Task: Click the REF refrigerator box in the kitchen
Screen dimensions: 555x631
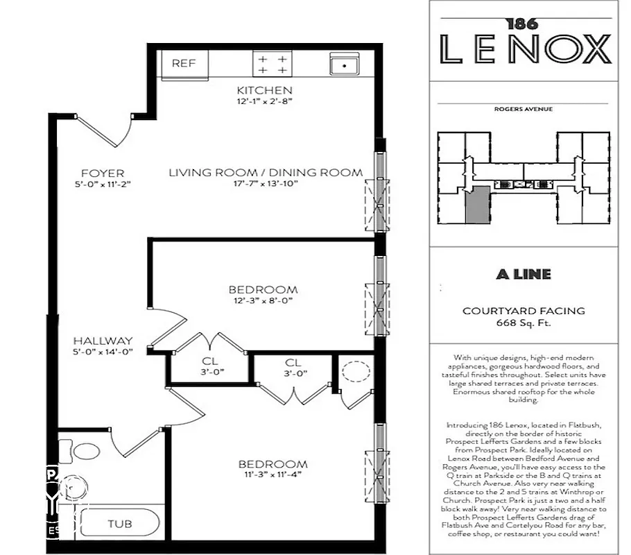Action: pos(184,64)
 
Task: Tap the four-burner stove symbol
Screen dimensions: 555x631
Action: pos(273,65)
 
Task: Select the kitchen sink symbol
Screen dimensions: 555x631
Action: pos(344,65)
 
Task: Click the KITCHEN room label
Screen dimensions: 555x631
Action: pos(264,90)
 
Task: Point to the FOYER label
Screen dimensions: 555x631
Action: pos(102,173)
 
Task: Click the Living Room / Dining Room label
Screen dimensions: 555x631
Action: pos(266,173)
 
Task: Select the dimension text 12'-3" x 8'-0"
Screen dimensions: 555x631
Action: pos(263,301)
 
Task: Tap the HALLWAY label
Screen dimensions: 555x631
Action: pos(103,341)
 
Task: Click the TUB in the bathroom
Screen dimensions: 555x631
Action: pos(119,524)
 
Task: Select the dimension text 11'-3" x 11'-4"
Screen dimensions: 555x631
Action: pos(273,475)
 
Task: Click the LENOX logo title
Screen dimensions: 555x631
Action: pos(526,50)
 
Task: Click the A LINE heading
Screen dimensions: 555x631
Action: pos(524,274)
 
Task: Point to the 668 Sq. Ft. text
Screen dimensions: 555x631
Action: pos(524,323)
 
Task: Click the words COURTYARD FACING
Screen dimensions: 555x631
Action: pos(524,311)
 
